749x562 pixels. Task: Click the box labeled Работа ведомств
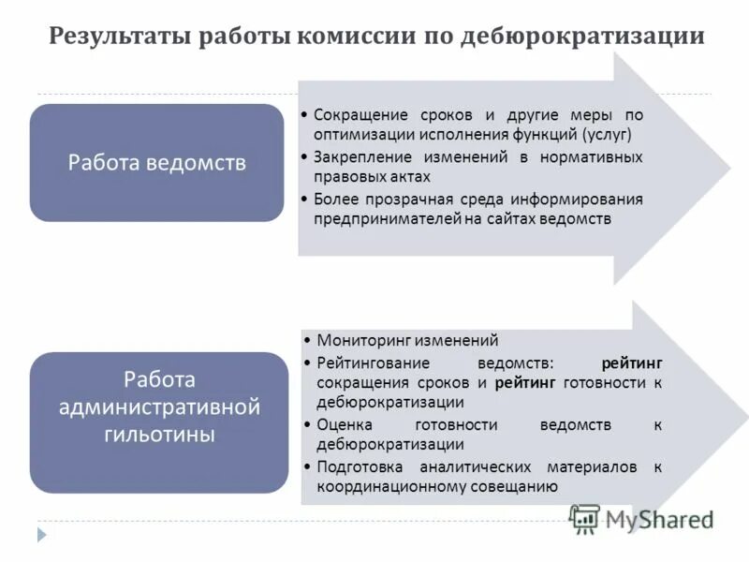point(156,163)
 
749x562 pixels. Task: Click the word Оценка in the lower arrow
point(343,424)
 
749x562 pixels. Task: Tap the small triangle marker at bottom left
point(41,535)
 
